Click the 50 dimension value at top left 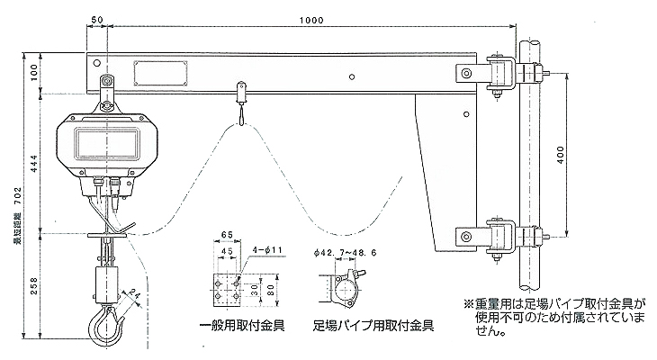pyautogui.click(x=97, y=19)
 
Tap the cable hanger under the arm pyautogui.click(x=240, y=99)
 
